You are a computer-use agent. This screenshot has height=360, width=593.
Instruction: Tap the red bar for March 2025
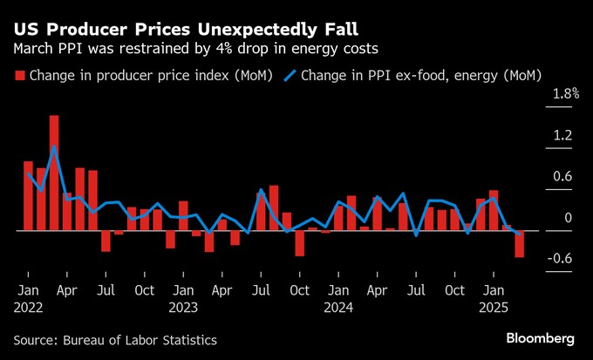coord(519,244)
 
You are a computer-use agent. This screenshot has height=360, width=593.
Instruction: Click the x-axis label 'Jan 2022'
coord(28,297)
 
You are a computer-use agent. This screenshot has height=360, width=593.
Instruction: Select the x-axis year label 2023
coord(182,307)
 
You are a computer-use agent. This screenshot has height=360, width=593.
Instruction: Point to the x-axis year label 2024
coord(337,307)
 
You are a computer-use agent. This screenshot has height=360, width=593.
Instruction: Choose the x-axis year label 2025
coord(493,307)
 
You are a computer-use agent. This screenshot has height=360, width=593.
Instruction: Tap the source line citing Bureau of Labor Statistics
coord(115,340)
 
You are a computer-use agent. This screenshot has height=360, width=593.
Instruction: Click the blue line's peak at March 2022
coord(54,147)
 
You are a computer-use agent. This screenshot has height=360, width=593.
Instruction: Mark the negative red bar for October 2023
coord(299,243)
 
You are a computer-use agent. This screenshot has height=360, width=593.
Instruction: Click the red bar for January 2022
coord(28,196)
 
